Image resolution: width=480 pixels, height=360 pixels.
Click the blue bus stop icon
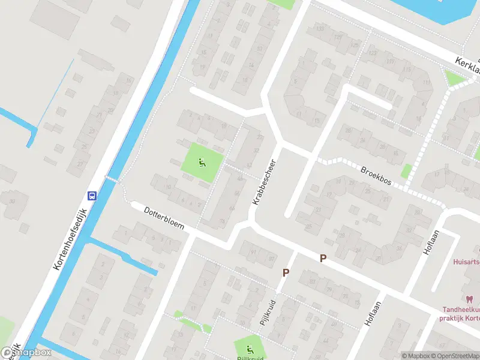[92, 196]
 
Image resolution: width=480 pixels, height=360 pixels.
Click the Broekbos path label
[376, 176]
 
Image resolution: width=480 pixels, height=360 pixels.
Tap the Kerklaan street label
[467, 64]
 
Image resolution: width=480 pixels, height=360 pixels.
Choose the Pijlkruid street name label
[267, 312]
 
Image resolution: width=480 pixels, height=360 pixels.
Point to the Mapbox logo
[26, 353]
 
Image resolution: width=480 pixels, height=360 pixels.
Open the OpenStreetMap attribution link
[451, 356]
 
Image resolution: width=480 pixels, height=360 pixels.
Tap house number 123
[373, 53]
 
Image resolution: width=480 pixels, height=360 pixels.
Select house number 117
[391, 61]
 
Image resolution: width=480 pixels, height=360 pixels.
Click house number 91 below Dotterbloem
[253, 253]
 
